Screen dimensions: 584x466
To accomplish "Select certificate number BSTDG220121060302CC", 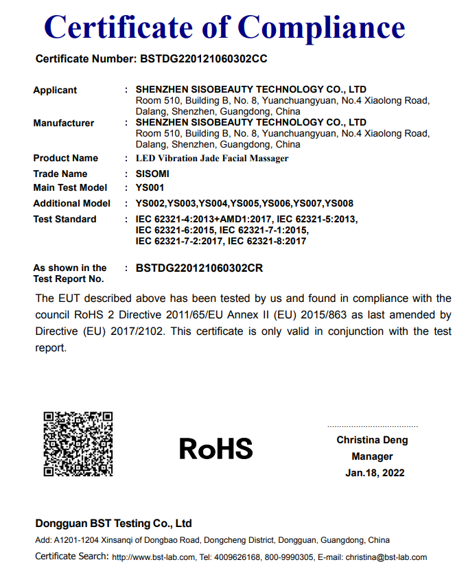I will pyautogui.click(x=203, y=59).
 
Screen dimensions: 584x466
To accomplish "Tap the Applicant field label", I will pyautogui.click(x=55, y=90).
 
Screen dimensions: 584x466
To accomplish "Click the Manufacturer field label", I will pyautogui.click(x=63, y=123).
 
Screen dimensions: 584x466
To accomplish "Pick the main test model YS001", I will pyautogui.click(x=150, y=187).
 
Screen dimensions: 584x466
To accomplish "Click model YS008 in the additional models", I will pyautogui.click(x=338, y=203).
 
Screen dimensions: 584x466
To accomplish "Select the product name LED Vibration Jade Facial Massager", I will pyautogui.click(x=212, y=159).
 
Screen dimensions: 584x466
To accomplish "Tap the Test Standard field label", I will pyautogui.click(x=65, y=219).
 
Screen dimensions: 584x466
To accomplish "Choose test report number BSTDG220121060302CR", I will pyautogui.click(x=199, y=268).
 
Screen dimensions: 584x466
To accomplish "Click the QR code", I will pyautogui.click(x=78, y=444).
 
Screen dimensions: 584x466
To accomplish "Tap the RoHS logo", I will pyautogui.click(x=215, y=449).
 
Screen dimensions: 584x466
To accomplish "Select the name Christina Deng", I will pyautogui.click(x=372, y=440).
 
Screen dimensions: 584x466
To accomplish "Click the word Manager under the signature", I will pyautogui.click(x=372, y=456).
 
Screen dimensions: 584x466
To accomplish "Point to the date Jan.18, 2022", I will pyautogui.click(x=375, y=473).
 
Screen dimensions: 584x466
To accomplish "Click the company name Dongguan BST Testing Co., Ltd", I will pyautogui.click(x=113, y=523).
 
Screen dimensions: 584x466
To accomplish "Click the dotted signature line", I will pyautogui.click(x=372, y=426).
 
